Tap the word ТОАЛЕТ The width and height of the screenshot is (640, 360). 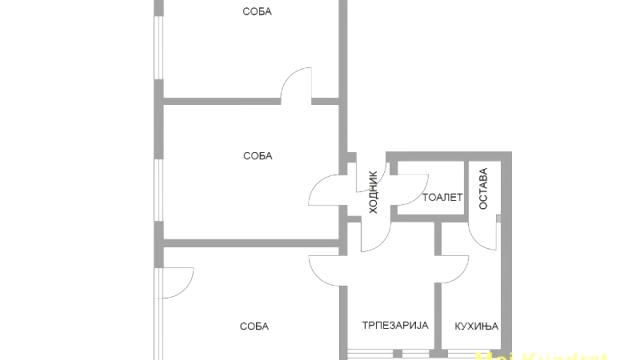443,197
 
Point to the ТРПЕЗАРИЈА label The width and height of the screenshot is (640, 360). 394,326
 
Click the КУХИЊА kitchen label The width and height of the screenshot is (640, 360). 476,326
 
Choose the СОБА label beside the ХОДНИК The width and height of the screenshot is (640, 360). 257,156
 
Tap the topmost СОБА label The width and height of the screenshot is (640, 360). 257,12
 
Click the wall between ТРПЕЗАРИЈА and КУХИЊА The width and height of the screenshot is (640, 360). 437,310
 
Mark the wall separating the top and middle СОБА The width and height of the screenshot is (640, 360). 220,100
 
